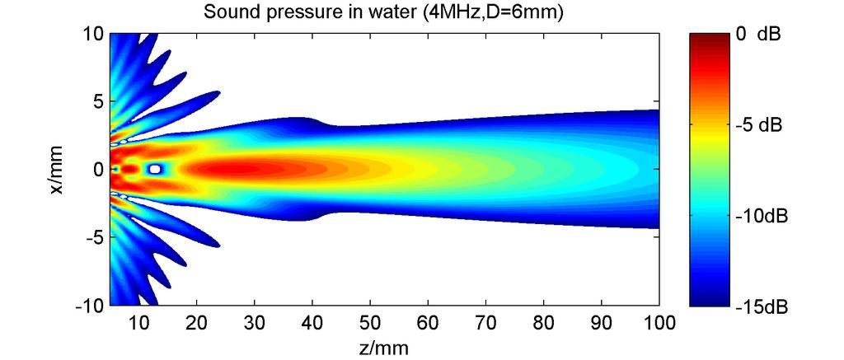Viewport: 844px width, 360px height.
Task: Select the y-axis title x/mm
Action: click(57, 170)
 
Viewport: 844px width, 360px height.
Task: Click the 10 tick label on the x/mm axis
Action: click(92, 34)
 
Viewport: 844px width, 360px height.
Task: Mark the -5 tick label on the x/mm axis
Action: click(93, 237)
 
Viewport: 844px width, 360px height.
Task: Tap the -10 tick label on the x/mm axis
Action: click(89, 306)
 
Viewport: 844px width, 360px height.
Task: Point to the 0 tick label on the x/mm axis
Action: click(96, 170)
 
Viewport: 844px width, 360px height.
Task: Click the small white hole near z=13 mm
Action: click(155, 169)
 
